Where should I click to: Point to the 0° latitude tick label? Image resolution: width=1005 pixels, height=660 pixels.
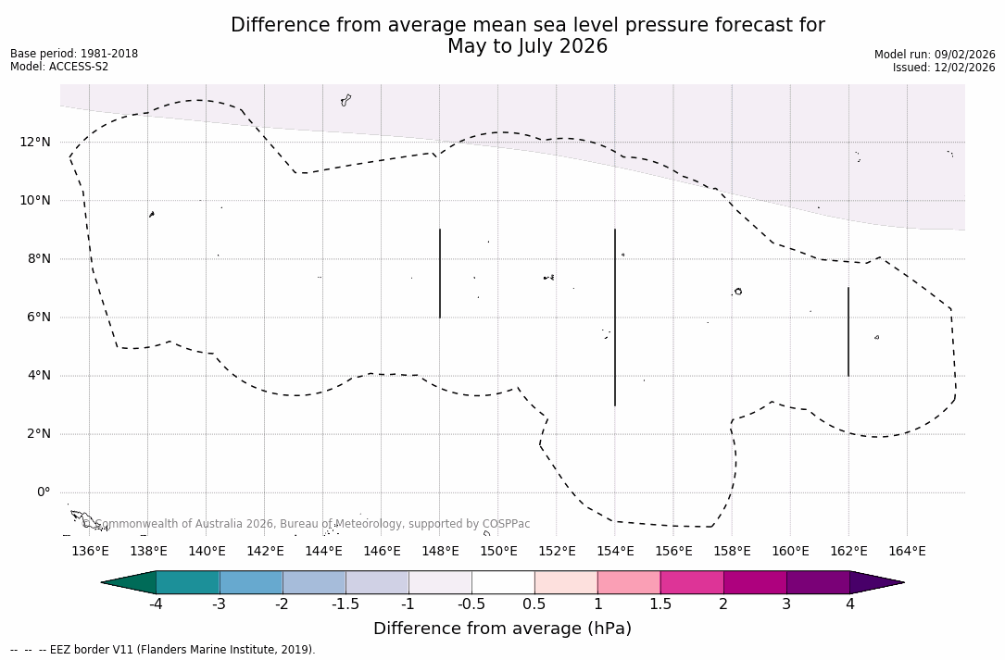tap(44, 492)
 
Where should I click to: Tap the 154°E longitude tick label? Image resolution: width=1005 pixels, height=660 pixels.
tap(615, 551)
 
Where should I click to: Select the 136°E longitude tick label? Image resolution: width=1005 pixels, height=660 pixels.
tap(90, 551)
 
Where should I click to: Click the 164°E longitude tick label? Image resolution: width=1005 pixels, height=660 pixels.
tap(907, 551)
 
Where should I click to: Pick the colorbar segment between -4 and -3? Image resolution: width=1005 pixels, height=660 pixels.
tap(188, 582)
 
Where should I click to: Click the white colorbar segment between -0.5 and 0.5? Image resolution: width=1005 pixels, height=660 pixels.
tap(503, 582)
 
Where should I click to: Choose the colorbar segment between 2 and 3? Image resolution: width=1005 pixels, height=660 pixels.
tap(755, 582)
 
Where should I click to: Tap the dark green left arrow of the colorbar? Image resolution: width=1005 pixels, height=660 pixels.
tap(129, 582)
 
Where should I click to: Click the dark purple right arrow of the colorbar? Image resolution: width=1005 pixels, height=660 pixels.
tap(876, 582)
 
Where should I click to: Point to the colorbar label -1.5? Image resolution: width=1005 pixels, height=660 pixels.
tap(345, 604)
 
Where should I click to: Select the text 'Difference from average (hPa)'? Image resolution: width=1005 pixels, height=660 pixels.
tap(502, 629)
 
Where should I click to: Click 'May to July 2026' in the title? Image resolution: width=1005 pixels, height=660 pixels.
tap(527, 46)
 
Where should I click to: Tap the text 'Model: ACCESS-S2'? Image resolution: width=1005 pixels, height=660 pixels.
tap(59, 67)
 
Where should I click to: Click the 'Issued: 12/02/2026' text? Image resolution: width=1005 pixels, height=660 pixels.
tap(944, 68)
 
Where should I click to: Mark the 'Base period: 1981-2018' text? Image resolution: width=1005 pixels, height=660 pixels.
tap(74, 54)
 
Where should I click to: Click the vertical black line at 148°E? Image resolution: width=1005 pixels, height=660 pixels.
tap(440, 273)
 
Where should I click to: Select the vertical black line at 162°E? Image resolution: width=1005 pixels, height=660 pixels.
tap(848, 331)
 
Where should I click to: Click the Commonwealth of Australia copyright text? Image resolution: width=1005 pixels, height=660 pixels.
tap(307, 524)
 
